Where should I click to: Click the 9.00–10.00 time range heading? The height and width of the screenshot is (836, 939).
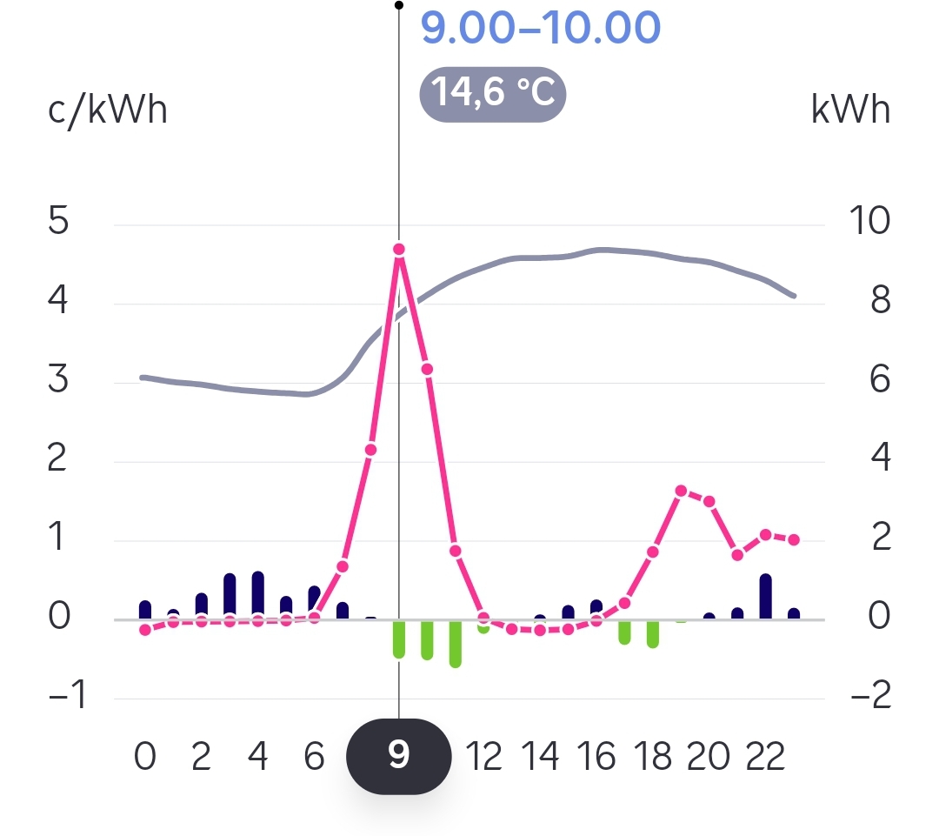point(540,28)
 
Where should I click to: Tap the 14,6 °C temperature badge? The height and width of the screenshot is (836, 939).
point(493,93)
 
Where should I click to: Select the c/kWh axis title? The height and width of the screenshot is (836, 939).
point(108,111)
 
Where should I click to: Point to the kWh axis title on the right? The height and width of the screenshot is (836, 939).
point(850,111)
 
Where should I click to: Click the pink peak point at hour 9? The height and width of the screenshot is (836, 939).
point(399,249)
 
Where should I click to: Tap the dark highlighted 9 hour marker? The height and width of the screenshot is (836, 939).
point(399,755)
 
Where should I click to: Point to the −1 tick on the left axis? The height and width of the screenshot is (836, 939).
point(66,697)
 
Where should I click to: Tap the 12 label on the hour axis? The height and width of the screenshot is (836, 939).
point(485,757)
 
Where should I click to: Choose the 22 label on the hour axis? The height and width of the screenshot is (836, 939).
point(766,757)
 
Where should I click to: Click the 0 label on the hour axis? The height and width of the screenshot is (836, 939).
point(145,757)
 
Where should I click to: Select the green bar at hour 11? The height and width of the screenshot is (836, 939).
point(455,644)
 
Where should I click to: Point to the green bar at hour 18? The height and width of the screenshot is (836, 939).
point(653,634)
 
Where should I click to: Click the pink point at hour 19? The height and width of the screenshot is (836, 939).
point(681,491)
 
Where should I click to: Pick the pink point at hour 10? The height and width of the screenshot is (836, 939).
point(427,369)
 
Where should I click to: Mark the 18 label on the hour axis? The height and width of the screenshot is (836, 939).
point(653,757)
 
